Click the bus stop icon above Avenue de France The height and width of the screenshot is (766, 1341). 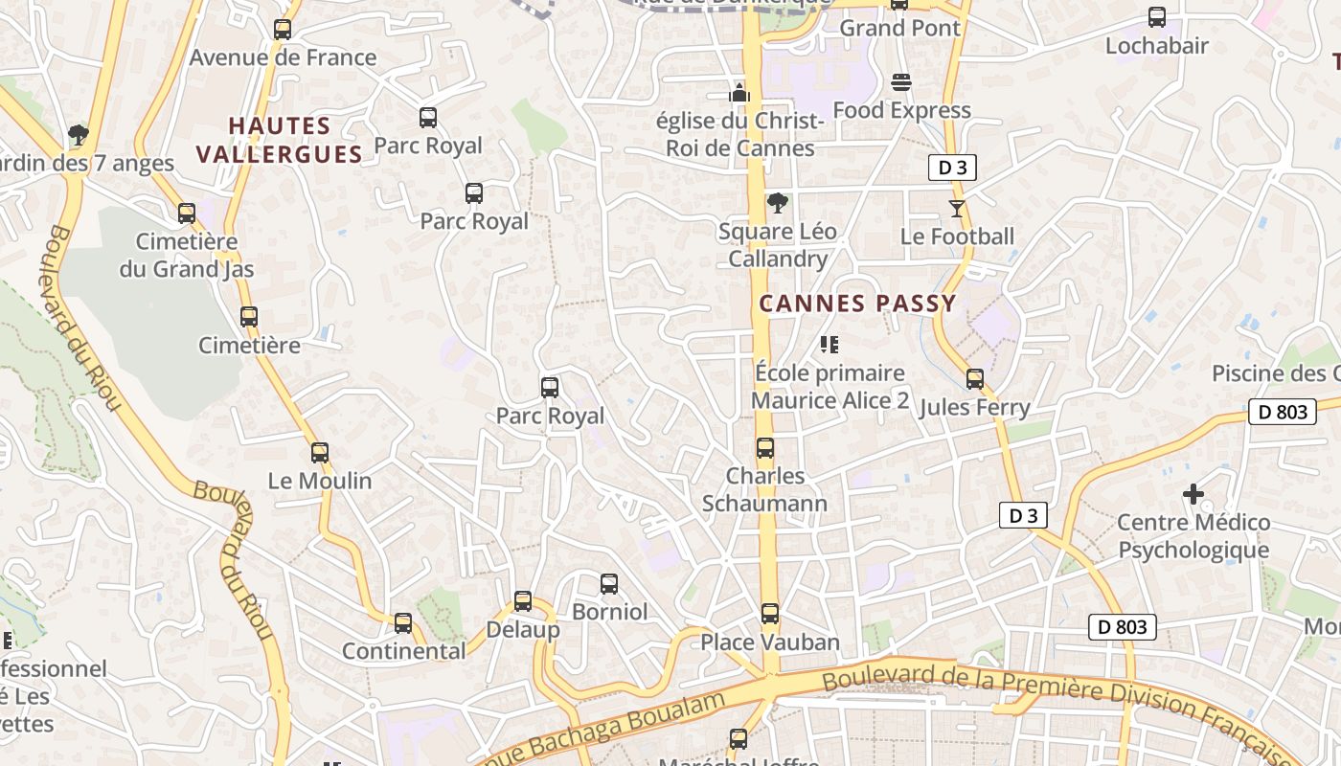pyautogui.click(x=283, y=30)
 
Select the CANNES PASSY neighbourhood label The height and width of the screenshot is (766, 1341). pyautogui.click(x=857, y=304)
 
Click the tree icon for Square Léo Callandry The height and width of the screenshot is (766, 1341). pyautogui.click(x=778, y=203)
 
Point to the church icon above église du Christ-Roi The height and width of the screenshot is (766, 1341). pyautogui.click(x=739, y=93)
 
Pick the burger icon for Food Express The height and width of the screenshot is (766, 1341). pyautogui.click(x=900, y=82)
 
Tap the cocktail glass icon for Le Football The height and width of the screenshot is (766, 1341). pyautogui.click(x=956, y=208)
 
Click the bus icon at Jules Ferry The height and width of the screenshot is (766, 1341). pyautogui.click(x=975, y=379)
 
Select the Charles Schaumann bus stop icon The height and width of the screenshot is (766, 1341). pyautogui.click(x=765, y=448)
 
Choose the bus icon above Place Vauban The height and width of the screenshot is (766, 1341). pyautogui.click(x=770, y=614)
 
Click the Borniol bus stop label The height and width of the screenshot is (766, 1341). pyautogui.click(x=609, y=612)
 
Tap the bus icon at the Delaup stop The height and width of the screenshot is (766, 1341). pyautogui.click(x=523, y=601)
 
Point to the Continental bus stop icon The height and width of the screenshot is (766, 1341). pyautogui.click(x=403, y=623)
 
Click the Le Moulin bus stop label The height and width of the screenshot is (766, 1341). pyautogui.click(x=320, y=481)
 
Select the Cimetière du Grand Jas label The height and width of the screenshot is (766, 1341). pyautogui.click(x=187, y=255)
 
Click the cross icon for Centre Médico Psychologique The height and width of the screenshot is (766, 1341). pyautogui.click(x=1193, y=494)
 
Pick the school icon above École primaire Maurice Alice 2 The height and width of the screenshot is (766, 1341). pyautogui.click(x=830, y=344)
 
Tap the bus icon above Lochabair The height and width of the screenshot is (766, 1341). pyautogui.click(x=1157, y=17)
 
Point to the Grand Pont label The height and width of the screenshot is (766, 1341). pyautogui.click(x=899, y=28)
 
